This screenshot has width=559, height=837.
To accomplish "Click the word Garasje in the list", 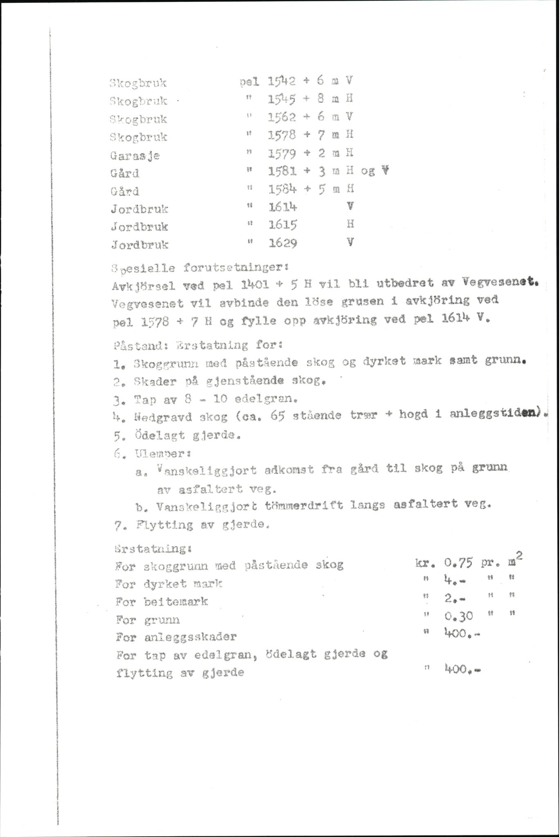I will (x=135, y=155).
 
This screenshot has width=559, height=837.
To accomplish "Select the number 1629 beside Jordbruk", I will (x=283, y=244).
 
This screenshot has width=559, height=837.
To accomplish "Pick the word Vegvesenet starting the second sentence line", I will (x=139, y=304).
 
